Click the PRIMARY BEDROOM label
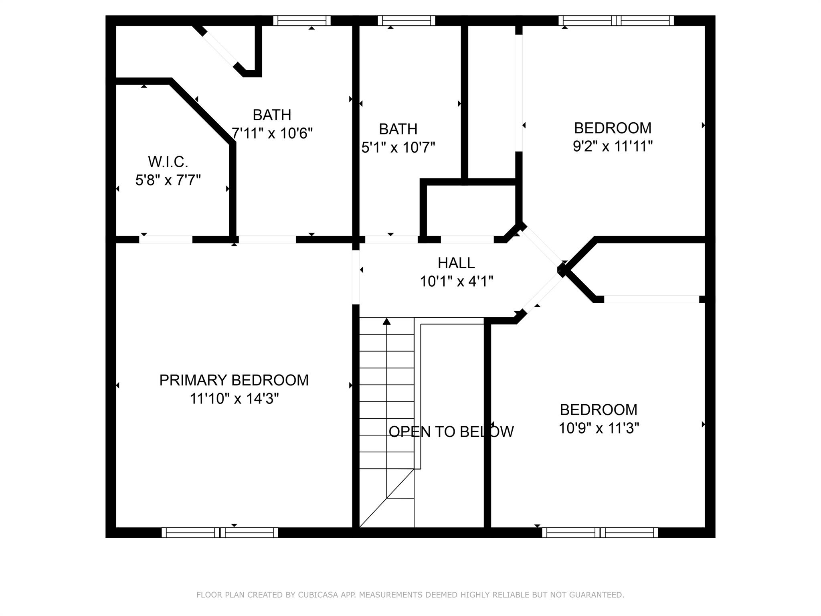click(x=234, y=380)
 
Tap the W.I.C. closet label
click(x=168, y=162)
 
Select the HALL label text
click(x=456, y=263)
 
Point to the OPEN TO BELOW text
click(x=451, y=432)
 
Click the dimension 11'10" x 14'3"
click(x=234, y=399)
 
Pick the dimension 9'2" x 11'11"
click(x=613, y=146)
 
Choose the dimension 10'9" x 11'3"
click(x=599, y=428)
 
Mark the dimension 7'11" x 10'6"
click(x=272, y=133)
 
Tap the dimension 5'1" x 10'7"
click(x=398, y=148)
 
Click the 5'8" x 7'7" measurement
click(x=168, y=180)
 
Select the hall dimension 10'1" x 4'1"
click(x=456, y=282)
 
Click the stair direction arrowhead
click(x=386, y=321)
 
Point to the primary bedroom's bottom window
click(x=220, y=533)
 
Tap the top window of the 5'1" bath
click(x=406, y=20)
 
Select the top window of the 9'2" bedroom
click(x=616, y=20)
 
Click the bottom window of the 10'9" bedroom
click(x=600, y=533)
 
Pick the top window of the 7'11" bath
click(x=302, y=20)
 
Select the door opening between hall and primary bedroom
click(x=356, y=277)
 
